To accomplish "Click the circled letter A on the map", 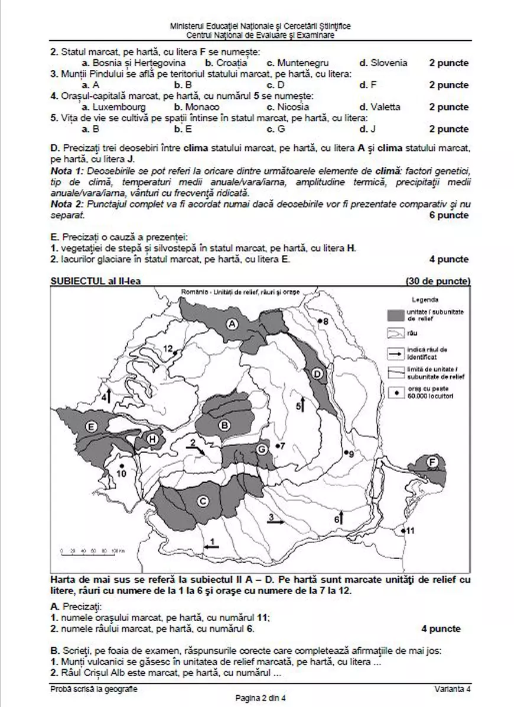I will (233, 324).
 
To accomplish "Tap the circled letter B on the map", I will (225, 424).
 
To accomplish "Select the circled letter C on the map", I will (203, 502).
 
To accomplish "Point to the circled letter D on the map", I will (317, 374).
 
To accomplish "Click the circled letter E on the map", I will (91, 426).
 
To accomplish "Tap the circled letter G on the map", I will (261, 450).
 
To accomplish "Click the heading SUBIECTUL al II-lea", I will (97, 280).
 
